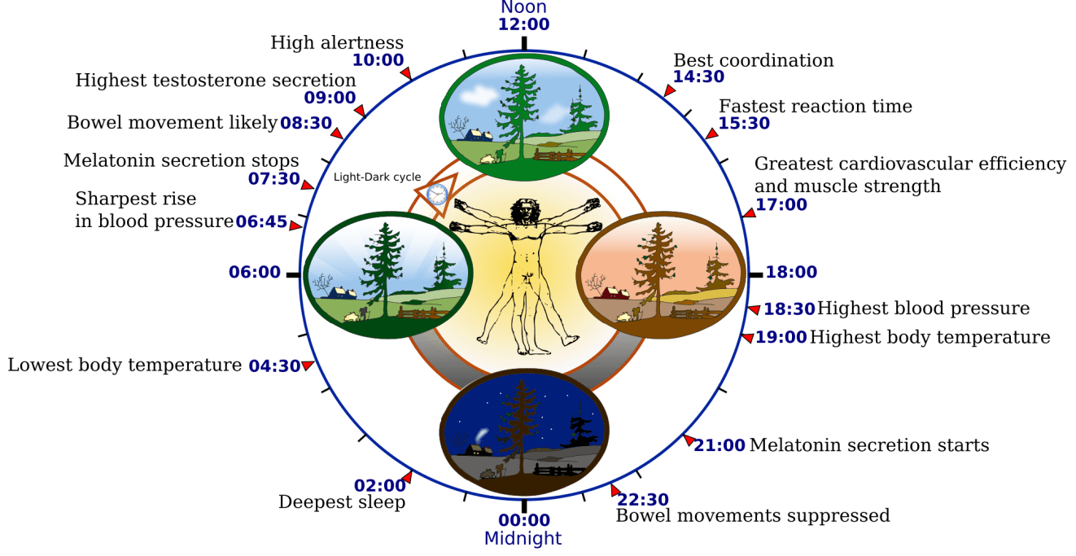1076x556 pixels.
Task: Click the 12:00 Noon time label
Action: click(523, 23)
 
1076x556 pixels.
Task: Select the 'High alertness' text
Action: click(337, 42)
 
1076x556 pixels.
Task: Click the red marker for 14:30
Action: click(669, 91)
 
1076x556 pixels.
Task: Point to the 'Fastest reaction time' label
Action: click(815, 107)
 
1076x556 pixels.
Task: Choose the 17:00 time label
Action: click(781, 205)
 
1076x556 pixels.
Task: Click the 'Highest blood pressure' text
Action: click(923, 309)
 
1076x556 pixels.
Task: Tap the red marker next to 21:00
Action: click(688, 440)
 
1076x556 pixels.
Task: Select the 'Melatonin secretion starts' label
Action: click(868, 445)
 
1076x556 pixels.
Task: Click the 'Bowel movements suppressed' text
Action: click(752, 515)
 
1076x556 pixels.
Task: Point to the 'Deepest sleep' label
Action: click(342, 502)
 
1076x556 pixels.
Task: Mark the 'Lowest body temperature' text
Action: click(124, 365)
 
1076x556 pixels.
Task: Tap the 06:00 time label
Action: click(254, 273)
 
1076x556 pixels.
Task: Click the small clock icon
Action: click(437, 194)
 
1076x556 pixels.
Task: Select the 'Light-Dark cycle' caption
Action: click(378, 176)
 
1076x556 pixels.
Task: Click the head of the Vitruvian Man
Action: click(523, 211)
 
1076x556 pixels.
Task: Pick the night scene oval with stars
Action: click(523, 438)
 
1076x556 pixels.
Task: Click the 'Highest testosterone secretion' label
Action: click(215, 81)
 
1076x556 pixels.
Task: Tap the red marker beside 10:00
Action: click(406, 74)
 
